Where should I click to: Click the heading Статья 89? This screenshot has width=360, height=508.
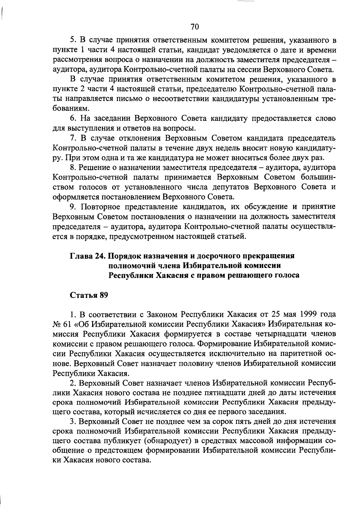click(89, 295)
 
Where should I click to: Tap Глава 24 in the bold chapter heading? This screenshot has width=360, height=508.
click(87, 256)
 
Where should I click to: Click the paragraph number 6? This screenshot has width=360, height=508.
click(72, 118)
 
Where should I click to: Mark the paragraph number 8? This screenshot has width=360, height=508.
click(72, 167)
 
